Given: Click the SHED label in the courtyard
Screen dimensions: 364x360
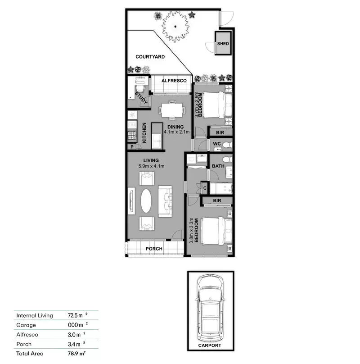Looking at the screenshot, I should pos(223,44).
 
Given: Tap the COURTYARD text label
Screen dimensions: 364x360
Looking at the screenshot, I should pos(150,57).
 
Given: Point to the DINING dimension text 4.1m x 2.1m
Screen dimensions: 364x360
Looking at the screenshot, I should pos(176,132).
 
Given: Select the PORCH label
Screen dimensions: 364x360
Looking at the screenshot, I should pos(153,249).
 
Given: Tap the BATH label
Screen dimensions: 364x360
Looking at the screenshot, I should pos(218,166).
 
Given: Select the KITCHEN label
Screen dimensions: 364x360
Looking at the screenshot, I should pos(144,133).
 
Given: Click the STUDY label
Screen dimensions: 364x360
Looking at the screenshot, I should pos(141,99).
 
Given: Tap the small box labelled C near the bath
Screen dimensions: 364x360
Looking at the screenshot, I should pos(205,188).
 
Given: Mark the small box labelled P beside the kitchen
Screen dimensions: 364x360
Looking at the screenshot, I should pos(132,147).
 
